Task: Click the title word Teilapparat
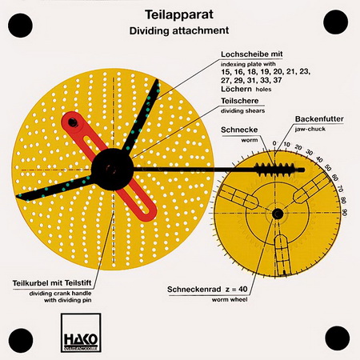pos(179,14)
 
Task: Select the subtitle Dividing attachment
pos(179,30)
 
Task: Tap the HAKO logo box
pos(81,333)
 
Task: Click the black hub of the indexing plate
pos(112,170)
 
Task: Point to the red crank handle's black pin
pos(73,122)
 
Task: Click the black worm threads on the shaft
pos(274,170)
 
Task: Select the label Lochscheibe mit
pos(251,54)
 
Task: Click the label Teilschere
pos(240,101)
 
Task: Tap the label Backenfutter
pos(319,119)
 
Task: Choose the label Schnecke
pos(239,130)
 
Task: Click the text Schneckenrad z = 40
pos(207,289)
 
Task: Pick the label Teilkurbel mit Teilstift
pos(52,282)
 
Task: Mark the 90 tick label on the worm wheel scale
pos(345,213)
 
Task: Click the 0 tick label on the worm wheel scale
pos(274,143)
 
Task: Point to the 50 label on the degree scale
pos(328,168)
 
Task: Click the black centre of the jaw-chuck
pos(278,214)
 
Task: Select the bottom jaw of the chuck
pos(282,254)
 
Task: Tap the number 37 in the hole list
pos(277,80)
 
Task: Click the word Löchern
pos(236,89)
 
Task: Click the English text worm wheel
pos(230,299)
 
